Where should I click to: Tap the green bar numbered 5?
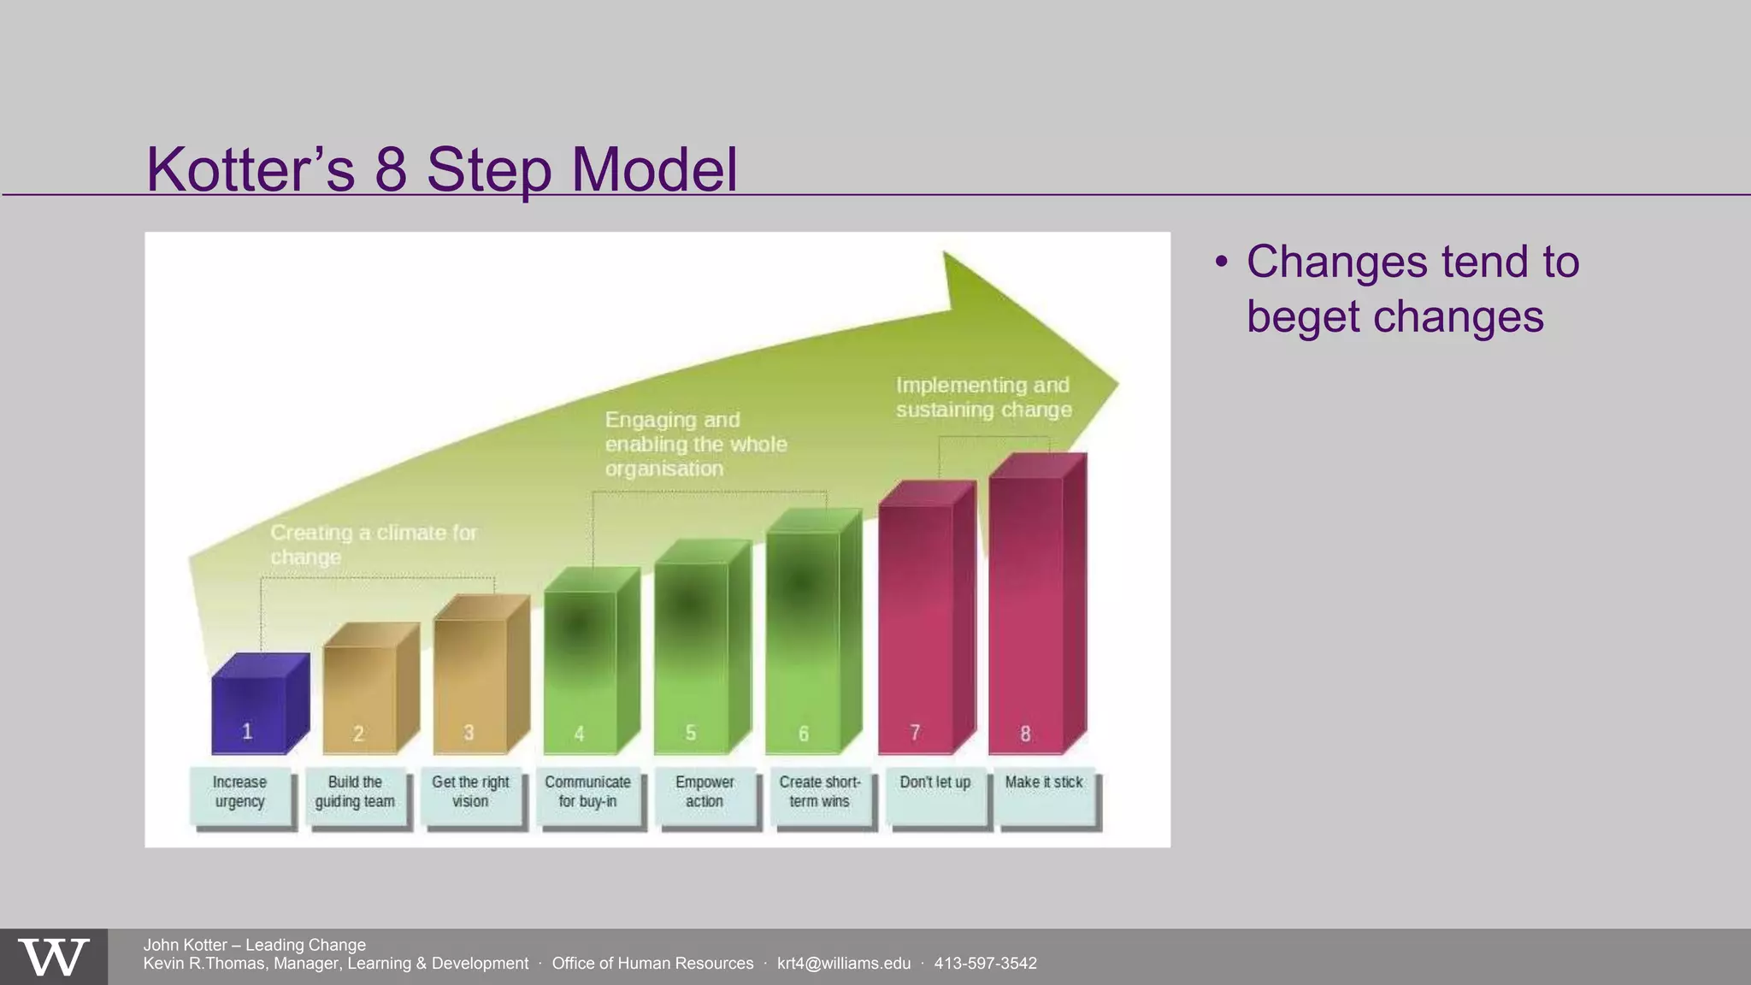[691, 654]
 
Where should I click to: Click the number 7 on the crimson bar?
[915, 733]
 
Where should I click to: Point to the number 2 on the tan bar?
[358, 734]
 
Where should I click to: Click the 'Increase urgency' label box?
[240, 796]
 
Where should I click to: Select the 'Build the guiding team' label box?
[356, 796]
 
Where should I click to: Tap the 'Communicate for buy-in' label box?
[587, 796]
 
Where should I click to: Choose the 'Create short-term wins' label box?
[820, 796]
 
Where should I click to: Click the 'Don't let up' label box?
[935, 796]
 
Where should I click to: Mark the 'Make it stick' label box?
[1045, 796]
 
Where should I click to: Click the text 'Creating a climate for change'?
[373, 545]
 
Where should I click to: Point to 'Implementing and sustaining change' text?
[983, 398]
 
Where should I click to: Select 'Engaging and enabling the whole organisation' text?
[695, 444]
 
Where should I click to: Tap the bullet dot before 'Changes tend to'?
[1222, 262]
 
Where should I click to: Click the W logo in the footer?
[53, 958]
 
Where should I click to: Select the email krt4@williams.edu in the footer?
[843, 964]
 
